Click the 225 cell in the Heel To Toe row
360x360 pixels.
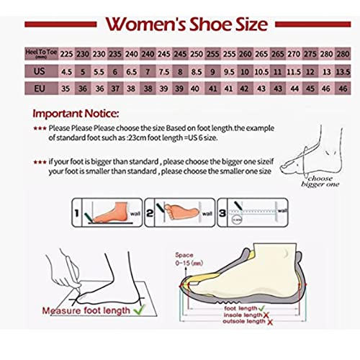point(66,54)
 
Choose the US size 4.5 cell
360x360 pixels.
point(66,71)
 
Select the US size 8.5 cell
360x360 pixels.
point(197,71)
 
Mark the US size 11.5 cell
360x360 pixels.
point(294,71)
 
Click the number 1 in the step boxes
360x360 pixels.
point(76,213)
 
